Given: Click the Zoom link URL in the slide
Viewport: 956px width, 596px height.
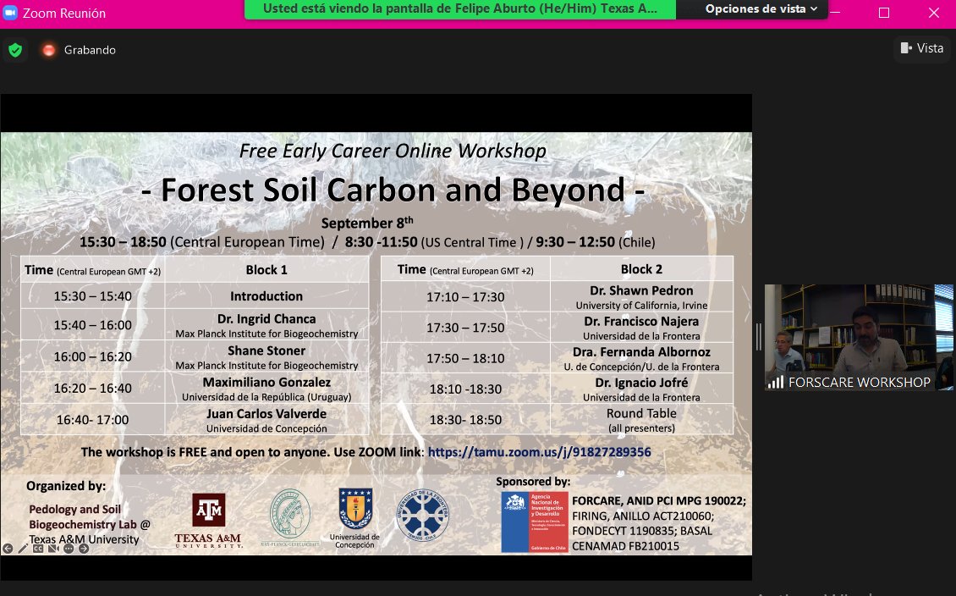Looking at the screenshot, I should coord(539,452).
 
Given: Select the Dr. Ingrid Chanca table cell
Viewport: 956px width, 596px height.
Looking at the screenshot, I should coord(266,324).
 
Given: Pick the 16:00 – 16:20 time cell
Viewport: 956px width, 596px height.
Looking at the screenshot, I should coord(93,356).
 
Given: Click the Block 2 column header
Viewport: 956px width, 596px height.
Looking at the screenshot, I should coord(641,269).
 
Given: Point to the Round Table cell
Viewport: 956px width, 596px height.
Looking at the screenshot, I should coord(641,419).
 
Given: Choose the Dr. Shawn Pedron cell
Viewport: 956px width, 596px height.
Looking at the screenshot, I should coord(641,296).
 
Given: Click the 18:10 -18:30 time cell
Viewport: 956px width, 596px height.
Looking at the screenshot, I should coord(465,388).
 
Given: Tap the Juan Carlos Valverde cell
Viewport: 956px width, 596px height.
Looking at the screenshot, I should coord(266,419).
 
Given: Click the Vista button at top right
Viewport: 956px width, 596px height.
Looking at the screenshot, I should coord(921,48).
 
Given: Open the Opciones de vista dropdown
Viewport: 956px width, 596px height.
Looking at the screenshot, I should coord(761,9).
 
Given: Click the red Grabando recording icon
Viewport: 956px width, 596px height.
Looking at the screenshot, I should coord(49,50).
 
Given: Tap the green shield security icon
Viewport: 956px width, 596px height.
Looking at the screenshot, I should coord(14,50).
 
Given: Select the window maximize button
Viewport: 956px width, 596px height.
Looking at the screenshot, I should coord(884,12).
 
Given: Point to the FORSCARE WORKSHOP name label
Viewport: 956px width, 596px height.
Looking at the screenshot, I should coord(859,382).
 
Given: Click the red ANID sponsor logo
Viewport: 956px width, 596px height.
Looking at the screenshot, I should coord(534,521).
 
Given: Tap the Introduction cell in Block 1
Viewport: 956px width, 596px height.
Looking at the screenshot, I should coord(266,296).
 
